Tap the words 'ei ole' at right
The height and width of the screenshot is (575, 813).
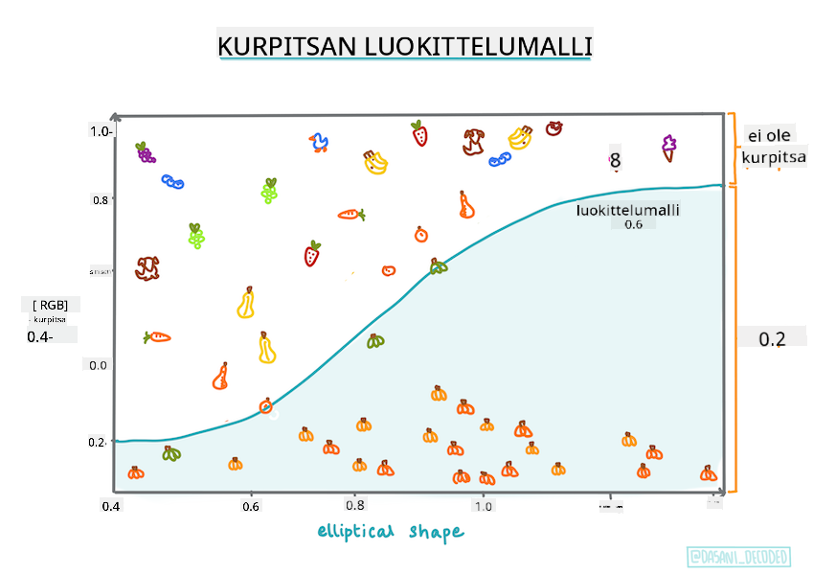(x=760, y=135)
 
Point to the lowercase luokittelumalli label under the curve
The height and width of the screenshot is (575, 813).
(x=627, y=209)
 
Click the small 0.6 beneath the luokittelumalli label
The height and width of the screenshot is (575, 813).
(x=633, y=225)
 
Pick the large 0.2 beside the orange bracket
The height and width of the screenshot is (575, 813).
(x=772, y=339)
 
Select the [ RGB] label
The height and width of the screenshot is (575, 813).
(x=51, y=305)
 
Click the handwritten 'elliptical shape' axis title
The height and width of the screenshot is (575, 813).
(x=390, y=531)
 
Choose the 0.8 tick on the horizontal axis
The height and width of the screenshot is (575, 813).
(x=355, y=505)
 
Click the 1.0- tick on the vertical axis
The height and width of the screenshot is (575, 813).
(x=102, y=131)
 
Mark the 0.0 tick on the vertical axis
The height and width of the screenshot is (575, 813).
(x=99, y=365)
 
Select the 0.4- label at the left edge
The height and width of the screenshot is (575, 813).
(x=39, y=337)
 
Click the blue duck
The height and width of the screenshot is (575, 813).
(x=319, y=144)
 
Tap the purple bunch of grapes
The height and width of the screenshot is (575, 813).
(x=145, y=151)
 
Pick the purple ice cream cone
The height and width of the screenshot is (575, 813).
(x=667, y=148)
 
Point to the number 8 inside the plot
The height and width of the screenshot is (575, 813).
(x=615, y=161)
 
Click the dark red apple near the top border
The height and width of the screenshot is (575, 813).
(x=553, y=127)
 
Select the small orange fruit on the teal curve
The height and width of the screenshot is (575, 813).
(x=265, y=405)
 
